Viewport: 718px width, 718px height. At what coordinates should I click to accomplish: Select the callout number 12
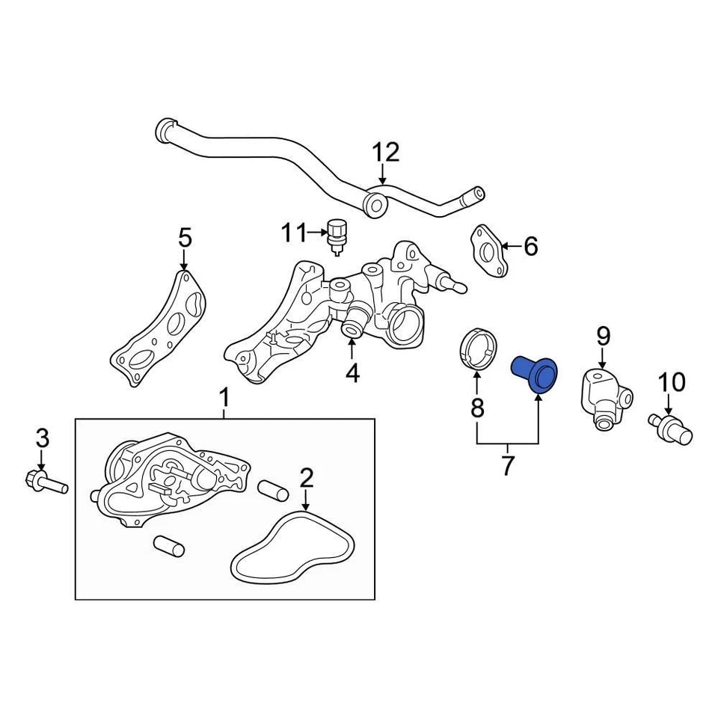click(387, 153)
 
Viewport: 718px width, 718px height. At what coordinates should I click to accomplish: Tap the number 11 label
click(293, 233)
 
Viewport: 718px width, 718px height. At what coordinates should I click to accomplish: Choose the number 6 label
click(530, 245)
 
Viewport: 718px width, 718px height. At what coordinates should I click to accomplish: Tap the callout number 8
click(477, 408)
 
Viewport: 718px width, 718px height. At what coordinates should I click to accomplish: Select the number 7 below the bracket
click(508, 465)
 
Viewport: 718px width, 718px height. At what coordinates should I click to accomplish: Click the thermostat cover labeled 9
click(604, 393)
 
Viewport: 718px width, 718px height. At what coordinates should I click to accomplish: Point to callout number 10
click(672, 383)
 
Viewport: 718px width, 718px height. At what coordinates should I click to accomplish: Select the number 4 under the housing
click(352, 371)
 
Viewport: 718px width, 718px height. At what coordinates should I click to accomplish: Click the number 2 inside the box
click(306, 477)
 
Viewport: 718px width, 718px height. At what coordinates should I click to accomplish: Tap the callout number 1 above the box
click(224, 398)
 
